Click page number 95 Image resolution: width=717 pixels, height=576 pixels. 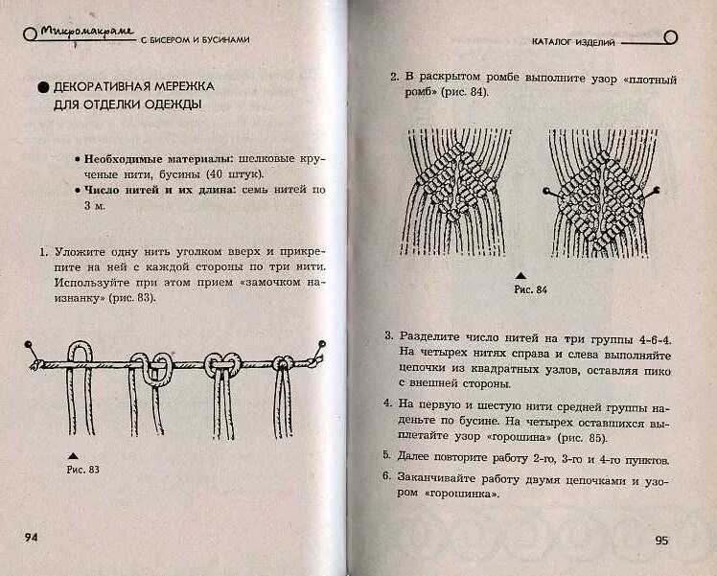pos(661,540)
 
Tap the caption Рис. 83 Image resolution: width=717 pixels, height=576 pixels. pos(83,470)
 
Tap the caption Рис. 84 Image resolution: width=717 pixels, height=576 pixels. pos(530,288)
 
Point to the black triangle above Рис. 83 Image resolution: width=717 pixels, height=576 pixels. pos(71,452)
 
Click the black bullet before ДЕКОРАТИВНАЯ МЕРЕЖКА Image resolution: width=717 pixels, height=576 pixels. pos(43,87)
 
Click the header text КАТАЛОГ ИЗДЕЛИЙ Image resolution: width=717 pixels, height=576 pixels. pos(573,41)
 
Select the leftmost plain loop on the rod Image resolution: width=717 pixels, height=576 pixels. pos(80,358)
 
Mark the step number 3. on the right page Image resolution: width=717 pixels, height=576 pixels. pos(389,336)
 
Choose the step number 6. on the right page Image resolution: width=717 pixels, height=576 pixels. pos(386,476)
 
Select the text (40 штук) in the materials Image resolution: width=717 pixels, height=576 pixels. pos(232,173)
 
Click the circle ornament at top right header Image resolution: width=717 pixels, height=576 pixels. pos(670,38)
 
